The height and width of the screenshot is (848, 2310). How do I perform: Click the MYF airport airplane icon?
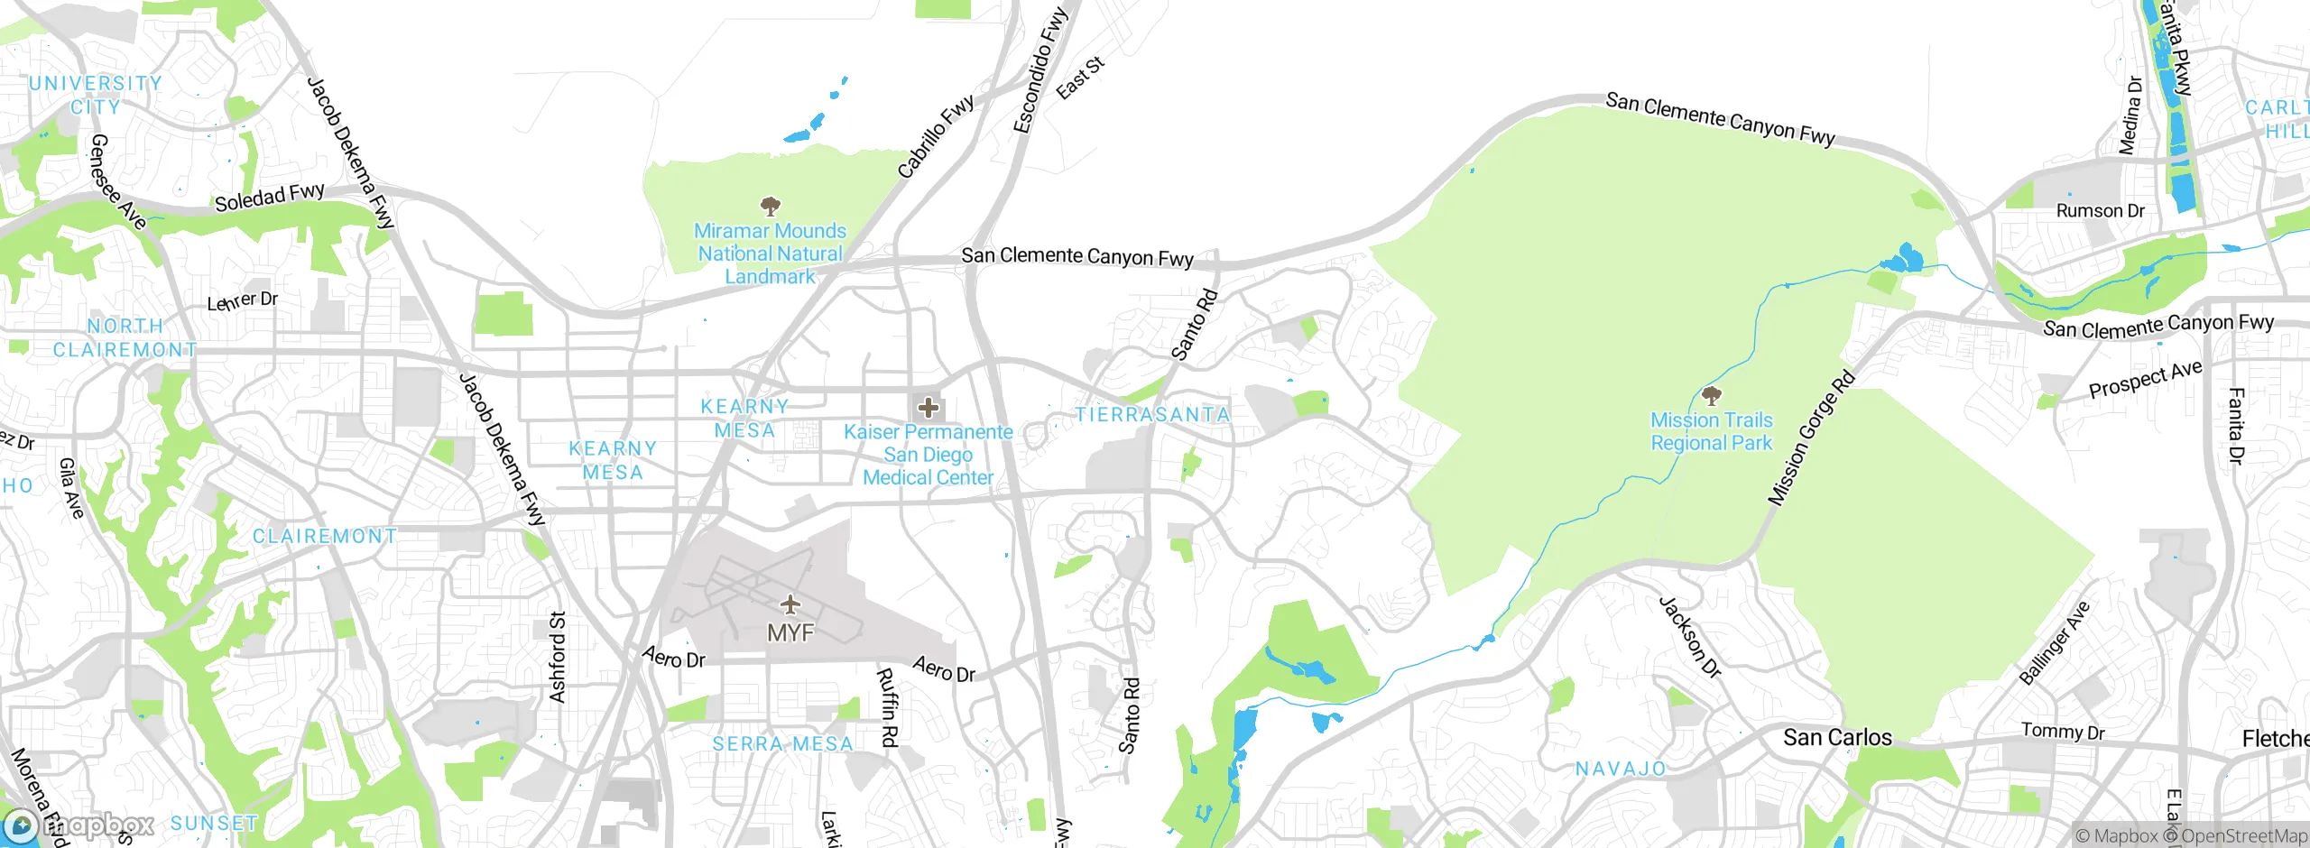tap(790, 604)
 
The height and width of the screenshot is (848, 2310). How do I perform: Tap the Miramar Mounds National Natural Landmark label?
tap(770, 253)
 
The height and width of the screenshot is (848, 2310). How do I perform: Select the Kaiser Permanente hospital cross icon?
tap(928, 408)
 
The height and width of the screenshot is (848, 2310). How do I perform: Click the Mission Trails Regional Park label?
tap(1711, 431)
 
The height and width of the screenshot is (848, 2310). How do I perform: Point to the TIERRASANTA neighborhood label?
tap(1152, 414)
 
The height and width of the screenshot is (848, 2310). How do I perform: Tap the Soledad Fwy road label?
tap(269, 197)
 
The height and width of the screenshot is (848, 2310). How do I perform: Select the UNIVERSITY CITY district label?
tap(95, 95)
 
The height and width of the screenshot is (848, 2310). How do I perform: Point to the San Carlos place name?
tap(1837, 737)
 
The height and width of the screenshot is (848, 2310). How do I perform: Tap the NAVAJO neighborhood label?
tap(1621, 769)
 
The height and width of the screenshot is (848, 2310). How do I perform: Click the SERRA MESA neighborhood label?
tap(782, 743)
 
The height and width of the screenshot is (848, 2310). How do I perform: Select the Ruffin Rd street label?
tap(888, 707)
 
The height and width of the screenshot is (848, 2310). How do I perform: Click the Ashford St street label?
tap(558, 657)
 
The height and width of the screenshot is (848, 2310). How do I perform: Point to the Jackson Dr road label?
tap(1690, 637)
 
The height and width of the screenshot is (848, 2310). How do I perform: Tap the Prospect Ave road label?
tap(2145, 379)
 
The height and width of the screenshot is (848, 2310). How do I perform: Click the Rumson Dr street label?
tap(2100, 210)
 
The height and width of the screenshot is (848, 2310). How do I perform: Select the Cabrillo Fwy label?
tap(936, 135)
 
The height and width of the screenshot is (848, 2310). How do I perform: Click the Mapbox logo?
tap(79, 825)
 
